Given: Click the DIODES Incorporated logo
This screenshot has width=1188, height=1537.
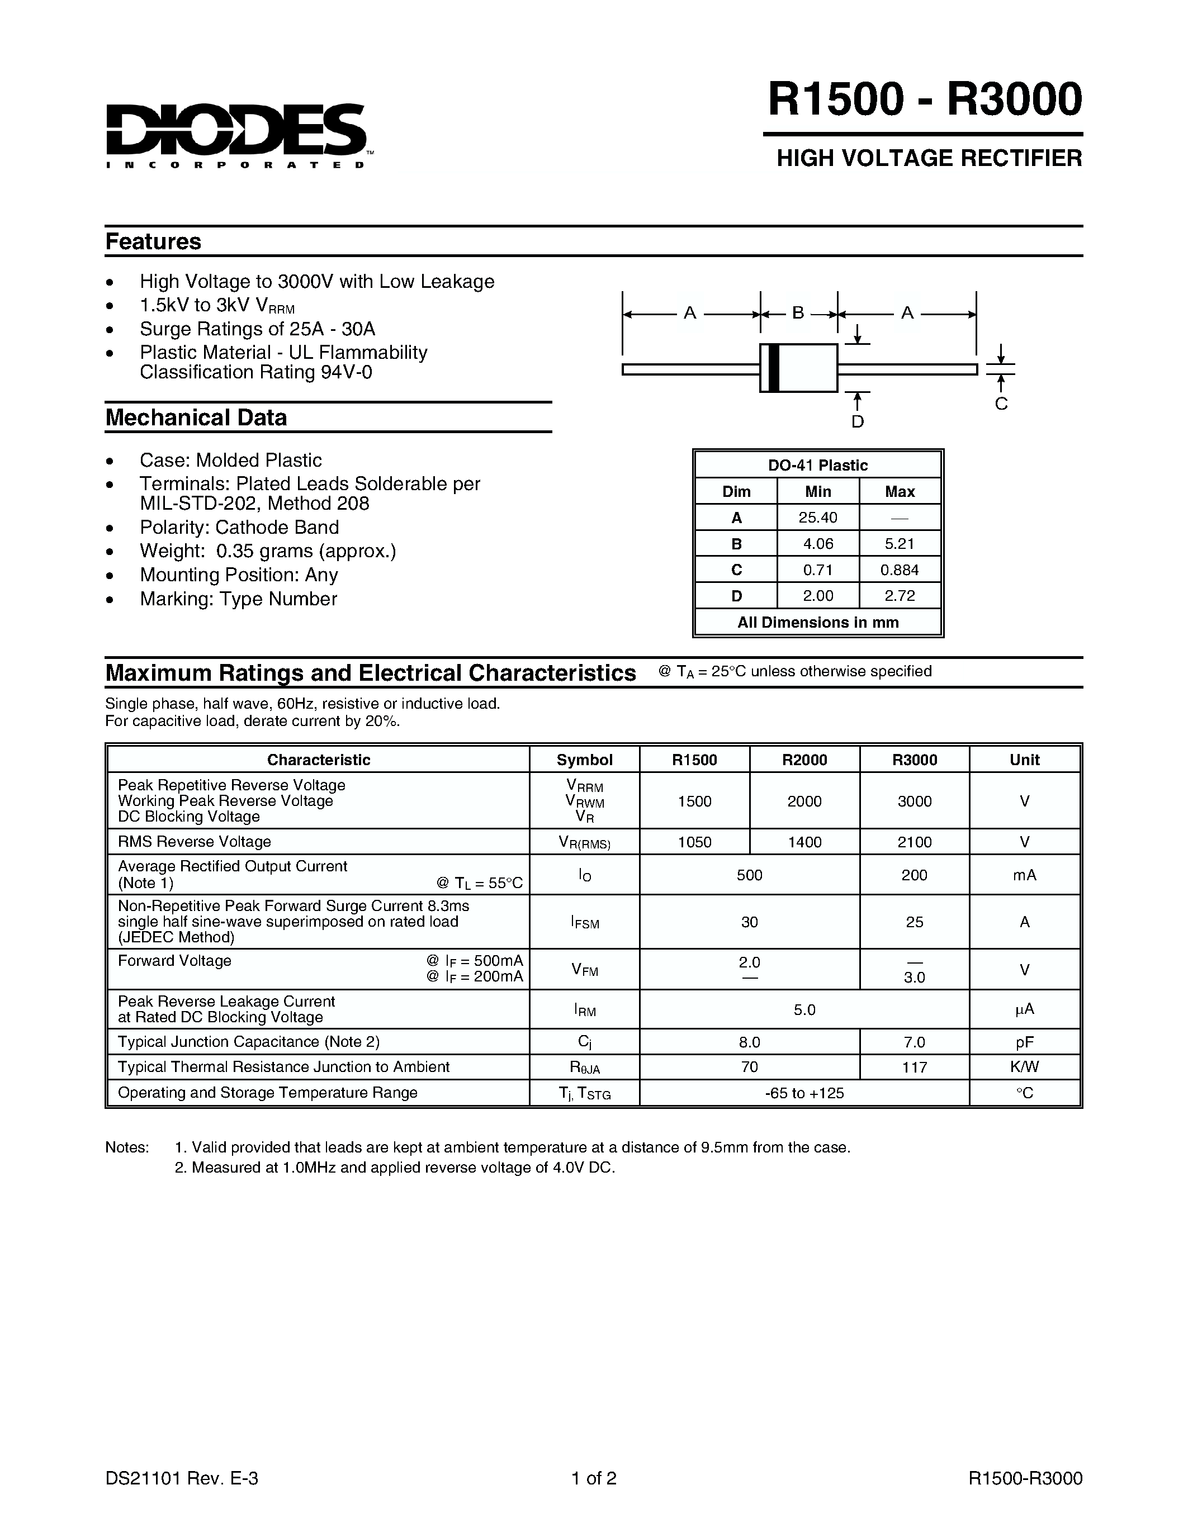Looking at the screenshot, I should click(236, 134).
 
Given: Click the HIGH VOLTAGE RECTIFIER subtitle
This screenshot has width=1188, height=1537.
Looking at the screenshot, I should click(929, 158).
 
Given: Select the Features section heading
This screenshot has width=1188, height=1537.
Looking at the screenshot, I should click(153, 241).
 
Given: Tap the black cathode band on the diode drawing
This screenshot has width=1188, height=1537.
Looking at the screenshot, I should click(774, 367).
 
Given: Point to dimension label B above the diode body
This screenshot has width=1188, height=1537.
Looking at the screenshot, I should click(798, 312).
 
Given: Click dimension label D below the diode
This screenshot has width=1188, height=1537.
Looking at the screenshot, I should click(857, 421).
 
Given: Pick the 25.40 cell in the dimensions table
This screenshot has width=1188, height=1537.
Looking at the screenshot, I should click(818, 517).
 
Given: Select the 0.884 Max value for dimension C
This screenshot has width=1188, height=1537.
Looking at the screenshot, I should click(900, 570).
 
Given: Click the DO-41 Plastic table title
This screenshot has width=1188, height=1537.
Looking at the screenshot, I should click(818, 465).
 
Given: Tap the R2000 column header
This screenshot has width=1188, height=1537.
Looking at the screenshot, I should click(804, 760).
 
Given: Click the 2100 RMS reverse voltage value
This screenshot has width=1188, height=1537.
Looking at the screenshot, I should click(914, 842).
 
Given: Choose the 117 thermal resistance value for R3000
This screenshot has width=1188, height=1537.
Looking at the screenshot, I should click(914, 1067).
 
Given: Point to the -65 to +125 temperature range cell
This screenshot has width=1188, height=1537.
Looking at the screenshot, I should click(804, 1093).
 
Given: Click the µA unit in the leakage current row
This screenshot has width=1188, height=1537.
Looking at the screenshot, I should click(1024, 1009).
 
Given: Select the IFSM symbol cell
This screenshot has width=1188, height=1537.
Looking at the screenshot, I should click(584, 922).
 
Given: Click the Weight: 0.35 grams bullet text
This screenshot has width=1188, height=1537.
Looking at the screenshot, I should click(267, 551).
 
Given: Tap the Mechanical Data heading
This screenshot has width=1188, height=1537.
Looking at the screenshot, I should click(196, 418).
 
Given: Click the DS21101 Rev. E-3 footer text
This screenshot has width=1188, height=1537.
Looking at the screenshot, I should click(182, 1478).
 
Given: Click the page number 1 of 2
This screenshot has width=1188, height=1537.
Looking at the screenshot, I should click(594, 1478).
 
